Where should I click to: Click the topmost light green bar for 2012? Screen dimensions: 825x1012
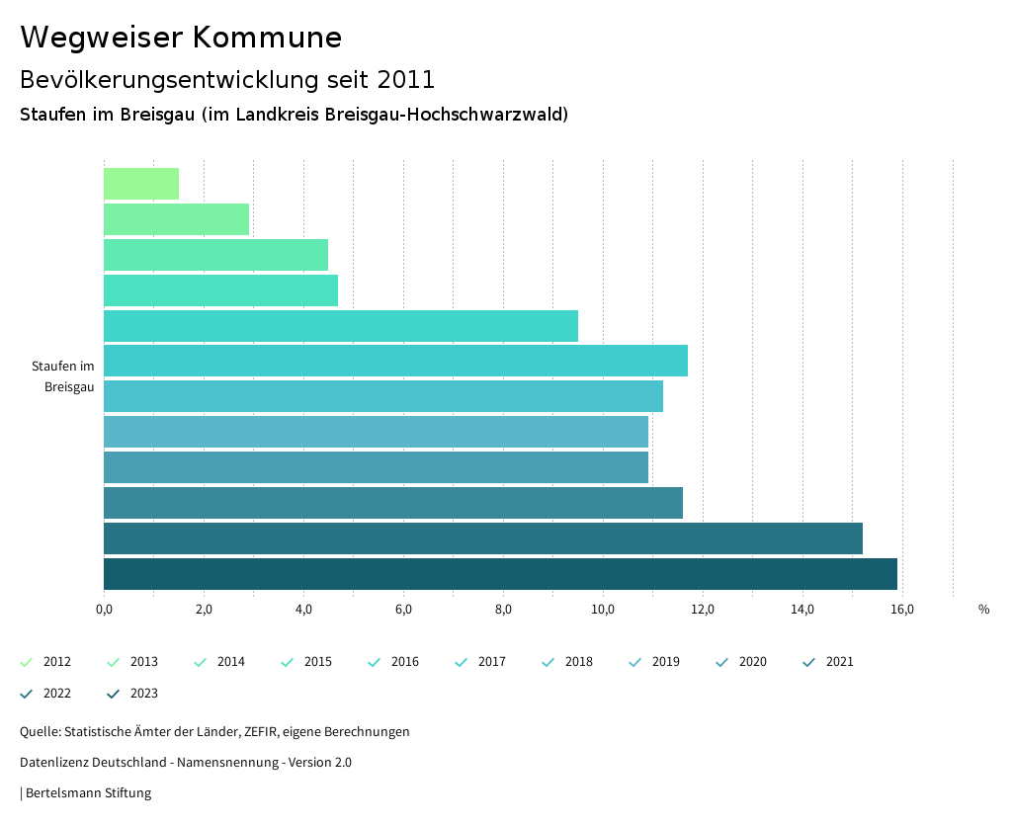tap(141, 184)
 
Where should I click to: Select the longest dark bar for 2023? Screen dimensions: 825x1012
tap(500, 574)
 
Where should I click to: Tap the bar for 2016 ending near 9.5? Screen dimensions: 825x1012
tap(341, 326)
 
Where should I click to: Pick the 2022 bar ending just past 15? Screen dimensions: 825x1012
tap(483, 538)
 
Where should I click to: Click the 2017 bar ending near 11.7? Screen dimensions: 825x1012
tap(395, 362)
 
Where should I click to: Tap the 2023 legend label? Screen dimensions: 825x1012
tap(143, 694)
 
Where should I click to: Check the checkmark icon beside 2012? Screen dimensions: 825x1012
tap(27, 662)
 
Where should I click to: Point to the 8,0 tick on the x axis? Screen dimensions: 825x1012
tap(503, 609)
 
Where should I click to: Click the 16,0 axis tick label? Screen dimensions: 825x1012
tap(901, 609)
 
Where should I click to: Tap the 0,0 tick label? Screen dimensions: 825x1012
tap(104, 609)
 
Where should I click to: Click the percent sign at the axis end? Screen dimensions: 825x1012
tap(983, 609)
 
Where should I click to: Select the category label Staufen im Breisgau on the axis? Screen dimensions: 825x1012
tap(63, 376)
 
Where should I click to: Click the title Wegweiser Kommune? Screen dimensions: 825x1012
tap(181, 38)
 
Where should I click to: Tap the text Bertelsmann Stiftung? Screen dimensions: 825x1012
tap(88, 793)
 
